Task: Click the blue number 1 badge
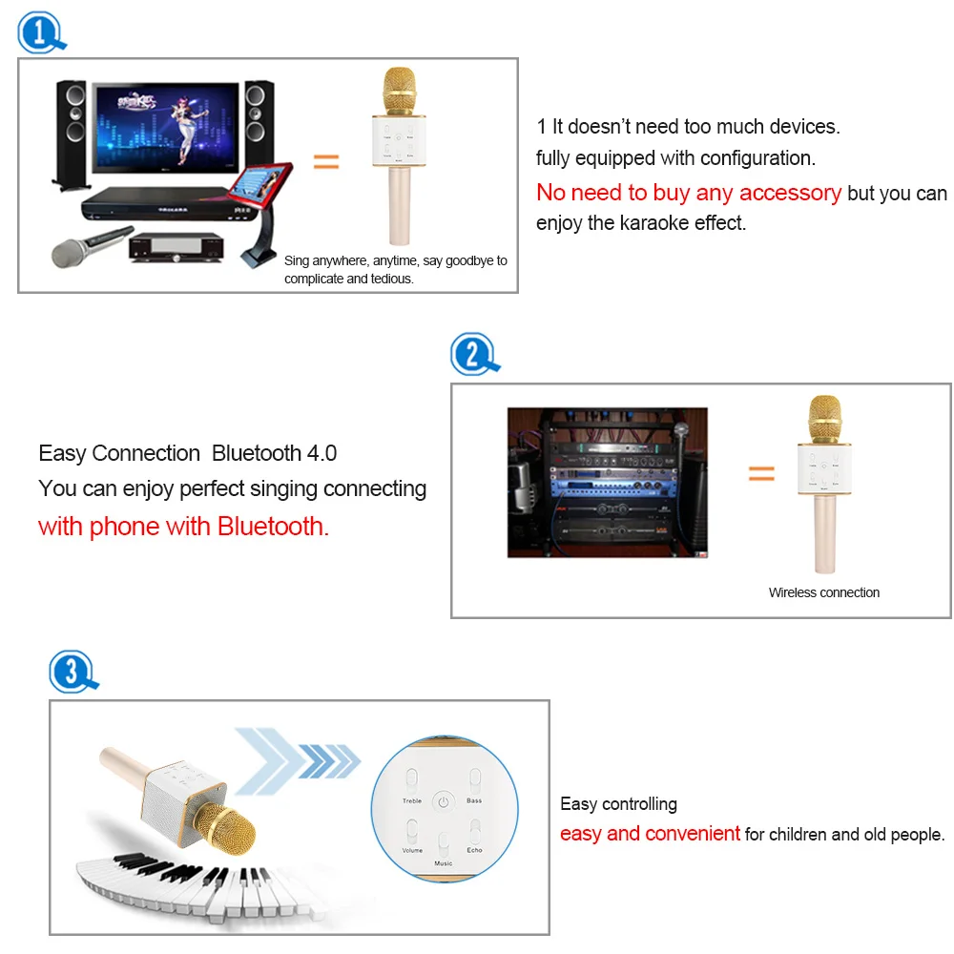click(39, 33)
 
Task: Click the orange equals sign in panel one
click(326, 162)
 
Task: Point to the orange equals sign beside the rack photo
click(760, 473)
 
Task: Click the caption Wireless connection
click(824, 592)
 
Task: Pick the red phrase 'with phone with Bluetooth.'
click(183, 527)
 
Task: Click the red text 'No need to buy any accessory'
click(689, 193)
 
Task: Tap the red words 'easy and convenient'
click(650, 834)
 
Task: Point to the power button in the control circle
click(443, 801)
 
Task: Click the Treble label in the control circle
click(412, 801)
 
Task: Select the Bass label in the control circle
click(474, 801)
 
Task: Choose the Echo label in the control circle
click(474, 849)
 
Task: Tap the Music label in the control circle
click(444, 863)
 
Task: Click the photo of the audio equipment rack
click(607, 482)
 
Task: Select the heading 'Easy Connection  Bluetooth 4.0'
click(188, 453)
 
